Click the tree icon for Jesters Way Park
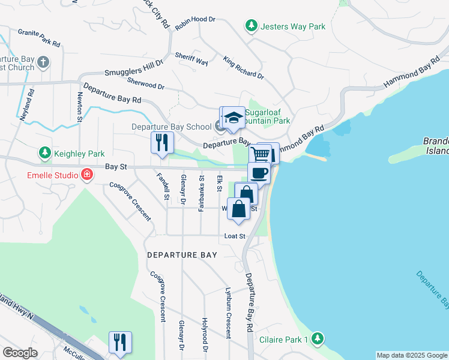251,26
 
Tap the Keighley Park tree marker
45,154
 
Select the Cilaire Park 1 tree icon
318,339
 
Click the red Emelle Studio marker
87,175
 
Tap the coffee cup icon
259,173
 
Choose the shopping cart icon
260,154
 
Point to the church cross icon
43,62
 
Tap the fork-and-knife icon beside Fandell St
161,142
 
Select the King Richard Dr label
243,68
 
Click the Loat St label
235,236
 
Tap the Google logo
20,353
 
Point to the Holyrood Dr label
205,335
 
